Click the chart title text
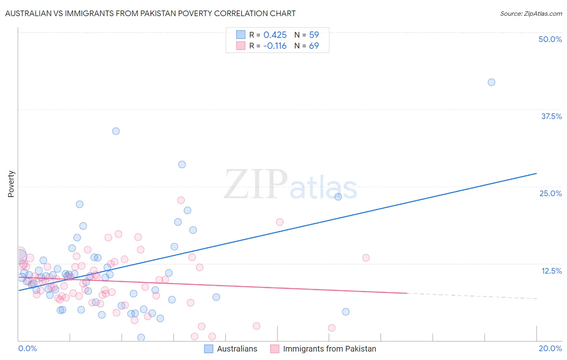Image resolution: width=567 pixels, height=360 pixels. pos(150,13)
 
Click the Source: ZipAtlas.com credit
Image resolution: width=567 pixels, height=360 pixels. pos(531,13)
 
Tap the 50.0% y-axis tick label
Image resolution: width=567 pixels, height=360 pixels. pos(550,39)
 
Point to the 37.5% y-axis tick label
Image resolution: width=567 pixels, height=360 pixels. pos(551,116)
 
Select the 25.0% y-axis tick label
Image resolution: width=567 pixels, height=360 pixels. pos(550,193)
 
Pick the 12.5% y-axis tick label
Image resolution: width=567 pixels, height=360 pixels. pos(551,271)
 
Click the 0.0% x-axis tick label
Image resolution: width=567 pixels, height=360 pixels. pos(27,348)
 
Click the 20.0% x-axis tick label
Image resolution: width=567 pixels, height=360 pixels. pos(550,348)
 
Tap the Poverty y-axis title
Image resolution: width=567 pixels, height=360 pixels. pos(11,184)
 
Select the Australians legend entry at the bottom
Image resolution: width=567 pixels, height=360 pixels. pos(231,349)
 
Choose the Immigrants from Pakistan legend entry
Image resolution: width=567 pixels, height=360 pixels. pos(323,349)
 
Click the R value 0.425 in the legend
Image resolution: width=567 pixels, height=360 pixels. pos(275,35)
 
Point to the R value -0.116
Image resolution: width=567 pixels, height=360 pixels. pos(275,46)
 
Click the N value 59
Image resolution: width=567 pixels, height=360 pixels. pos(314,35)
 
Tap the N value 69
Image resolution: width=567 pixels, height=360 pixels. pos(314,46)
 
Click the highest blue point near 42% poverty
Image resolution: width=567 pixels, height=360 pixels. pos(491,82)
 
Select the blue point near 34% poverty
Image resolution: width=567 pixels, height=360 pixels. pos(116,131)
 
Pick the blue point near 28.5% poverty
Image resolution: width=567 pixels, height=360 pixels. pos(182,165)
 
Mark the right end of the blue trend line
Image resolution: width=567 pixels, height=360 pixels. pos(536,173)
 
